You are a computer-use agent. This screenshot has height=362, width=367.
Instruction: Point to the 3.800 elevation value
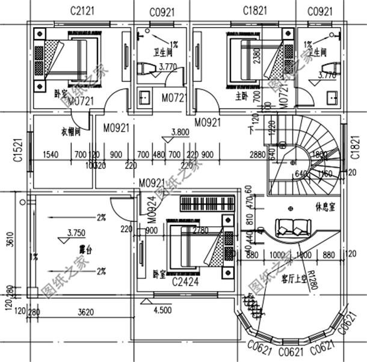(x=180, y=132)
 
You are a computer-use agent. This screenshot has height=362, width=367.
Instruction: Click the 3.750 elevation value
(x=77, y=232)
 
